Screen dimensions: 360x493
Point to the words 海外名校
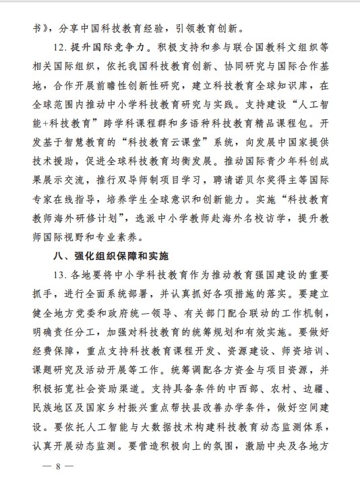click(241, 220)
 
